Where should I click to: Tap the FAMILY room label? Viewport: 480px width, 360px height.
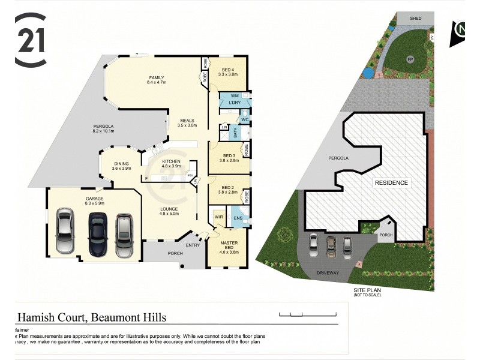pyautogui.click(x=156, y=77)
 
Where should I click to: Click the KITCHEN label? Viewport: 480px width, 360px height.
pyautogui.click(x=171, y=162)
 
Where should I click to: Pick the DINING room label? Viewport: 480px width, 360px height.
pyautogui.click(x=121, y=164)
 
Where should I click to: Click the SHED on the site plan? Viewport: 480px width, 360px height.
pyautogui.click(x=415, y=19)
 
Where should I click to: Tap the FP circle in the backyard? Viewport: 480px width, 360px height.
pyautogui.click(x=410, y=59)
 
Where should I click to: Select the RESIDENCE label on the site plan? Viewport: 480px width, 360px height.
pyautogui.click(x=391, y=182)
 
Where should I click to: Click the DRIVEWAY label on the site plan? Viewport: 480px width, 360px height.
pyautogui.click(x=328, y=273)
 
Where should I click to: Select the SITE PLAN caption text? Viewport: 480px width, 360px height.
pyautogui.click(x=367, y=290)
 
